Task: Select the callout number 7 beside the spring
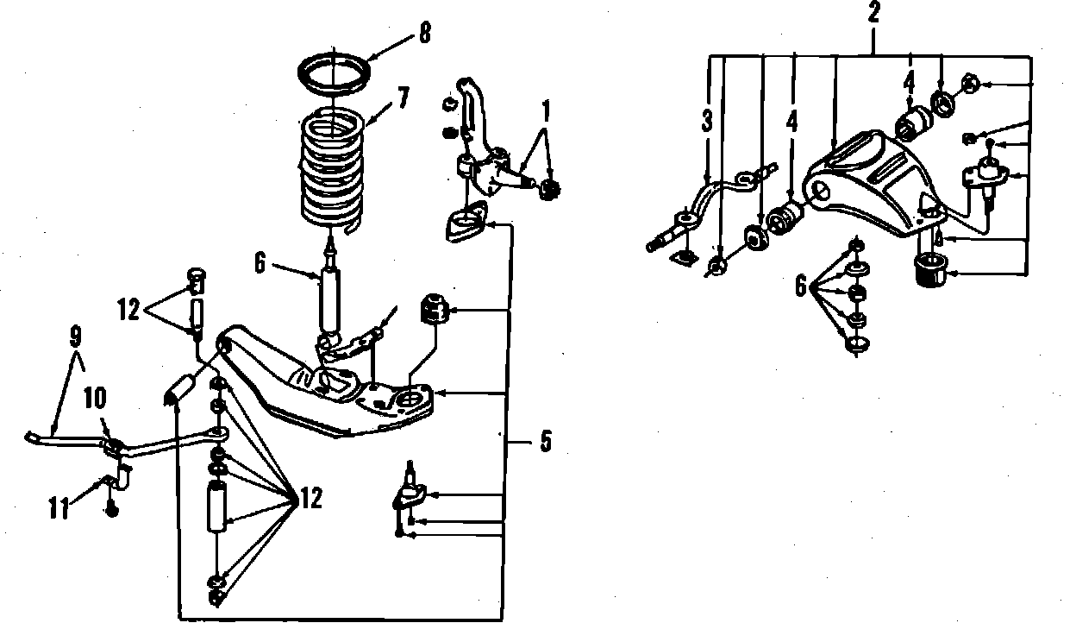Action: [400, 99]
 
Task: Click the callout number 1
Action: [545, 111]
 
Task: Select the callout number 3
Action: [708, 122]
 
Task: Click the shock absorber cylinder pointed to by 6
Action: [329, 298]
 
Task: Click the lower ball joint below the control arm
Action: [410, 494]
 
